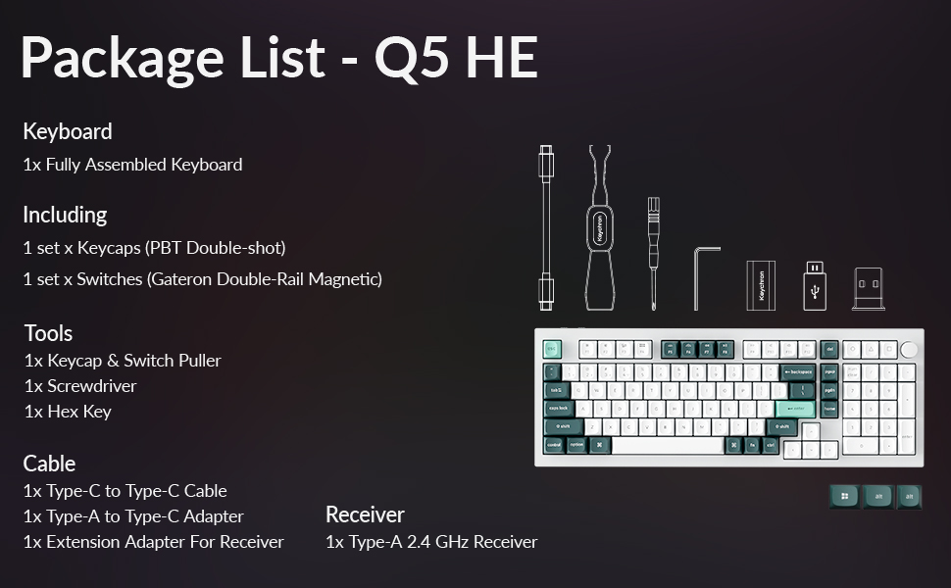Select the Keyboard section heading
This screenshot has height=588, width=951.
tap(68, 131)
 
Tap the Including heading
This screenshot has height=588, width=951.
tap(65, 215)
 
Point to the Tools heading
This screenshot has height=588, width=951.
tap(49, 333)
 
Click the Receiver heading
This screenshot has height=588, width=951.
tap(365, 514)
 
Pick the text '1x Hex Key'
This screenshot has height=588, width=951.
tap(68, 412)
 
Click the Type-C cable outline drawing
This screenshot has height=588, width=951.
tap(546, 226)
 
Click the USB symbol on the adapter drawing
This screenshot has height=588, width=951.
tap(815, 291)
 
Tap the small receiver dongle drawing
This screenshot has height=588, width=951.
tap(869, 290)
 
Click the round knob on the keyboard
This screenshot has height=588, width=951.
tap(910, 349)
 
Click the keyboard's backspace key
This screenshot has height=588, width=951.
tap(798, 372)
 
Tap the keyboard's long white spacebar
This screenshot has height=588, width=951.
tap(668, 445)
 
